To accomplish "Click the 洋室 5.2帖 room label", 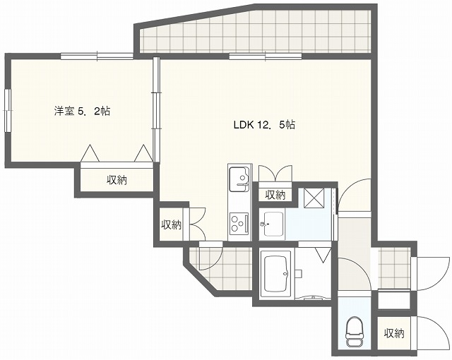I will (82, 111).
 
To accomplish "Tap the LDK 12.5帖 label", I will (264, 125).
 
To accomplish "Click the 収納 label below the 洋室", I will (117, 180).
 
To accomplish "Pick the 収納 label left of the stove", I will (171, 225).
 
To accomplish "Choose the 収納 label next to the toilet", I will (394, 333).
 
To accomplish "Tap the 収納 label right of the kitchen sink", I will (275, 195).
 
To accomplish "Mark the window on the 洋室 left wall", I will (7, 110).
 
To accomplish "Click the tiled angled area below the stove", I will (219, 268).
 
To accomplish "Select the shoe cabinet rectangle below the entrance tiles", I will (393, 300).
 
